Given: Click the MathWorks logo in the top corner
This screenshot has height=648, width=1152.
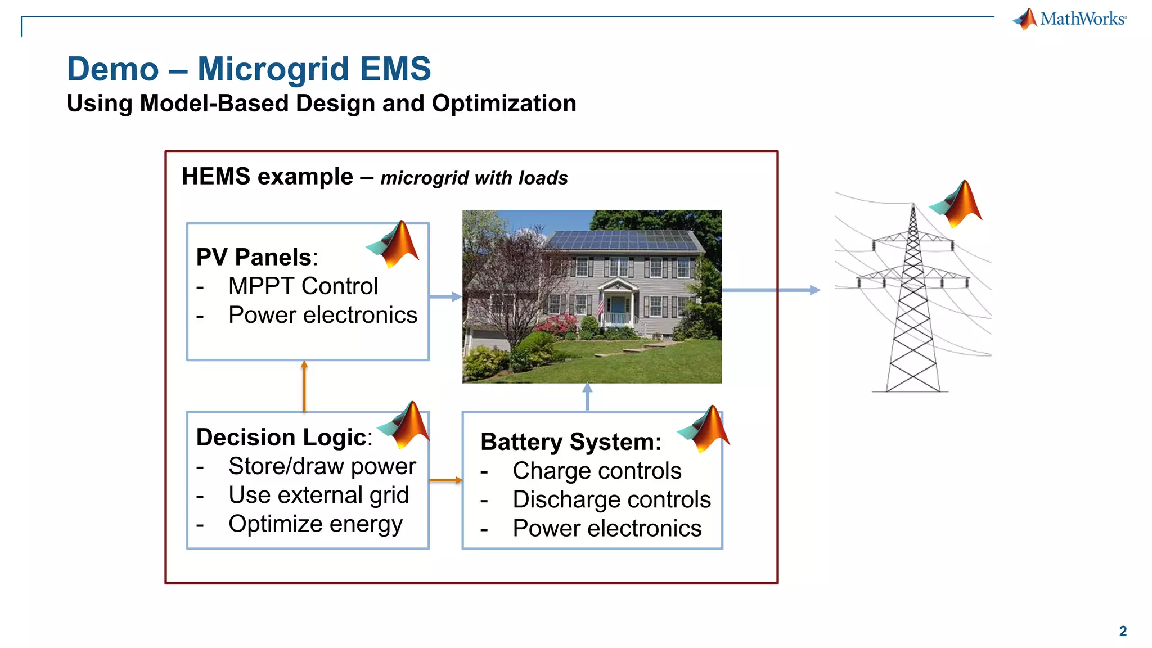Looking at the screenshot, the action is coord(1070,19).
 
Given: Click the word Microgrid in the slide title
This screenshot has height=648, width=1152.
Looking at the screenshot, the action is coord(273,69).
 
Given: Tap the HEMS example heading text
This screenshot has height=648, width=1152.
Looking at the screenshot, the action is coord(267,177).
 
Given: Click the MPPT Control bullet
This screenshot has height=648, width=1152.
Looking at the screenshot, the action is coord(303,286).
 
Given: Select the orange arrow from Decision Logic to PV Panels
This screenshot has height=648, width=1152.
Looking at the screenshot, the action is coord(304,386).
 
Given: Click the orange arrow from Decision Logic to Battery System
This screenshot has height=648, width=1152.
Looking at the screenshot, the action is coord(445,480).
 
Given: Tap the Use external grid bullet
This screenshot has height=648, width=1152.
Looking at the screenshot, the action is coord(318,496).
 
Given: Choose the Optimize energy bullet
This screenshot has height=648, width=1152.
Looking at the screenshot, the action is coord(315,524).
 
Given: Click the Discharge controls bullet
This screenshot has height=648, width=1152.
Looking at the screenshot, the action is coord(611,500).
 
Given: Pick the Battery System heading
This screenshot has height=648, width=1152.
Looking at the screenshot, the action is coord(571,442).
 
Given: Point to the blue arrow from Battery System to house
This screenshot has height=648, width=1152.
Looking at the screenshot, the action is coord(587,397).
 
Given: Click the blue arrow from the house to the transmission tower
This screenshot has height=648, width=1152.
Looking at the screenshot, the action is coord(771,290).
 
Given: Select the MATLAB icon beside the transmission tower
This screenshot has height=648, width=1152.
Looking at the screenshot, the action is coord(957,204).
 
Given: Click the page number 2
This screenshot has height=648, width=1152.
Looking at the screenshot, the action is coord(1123,631).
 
